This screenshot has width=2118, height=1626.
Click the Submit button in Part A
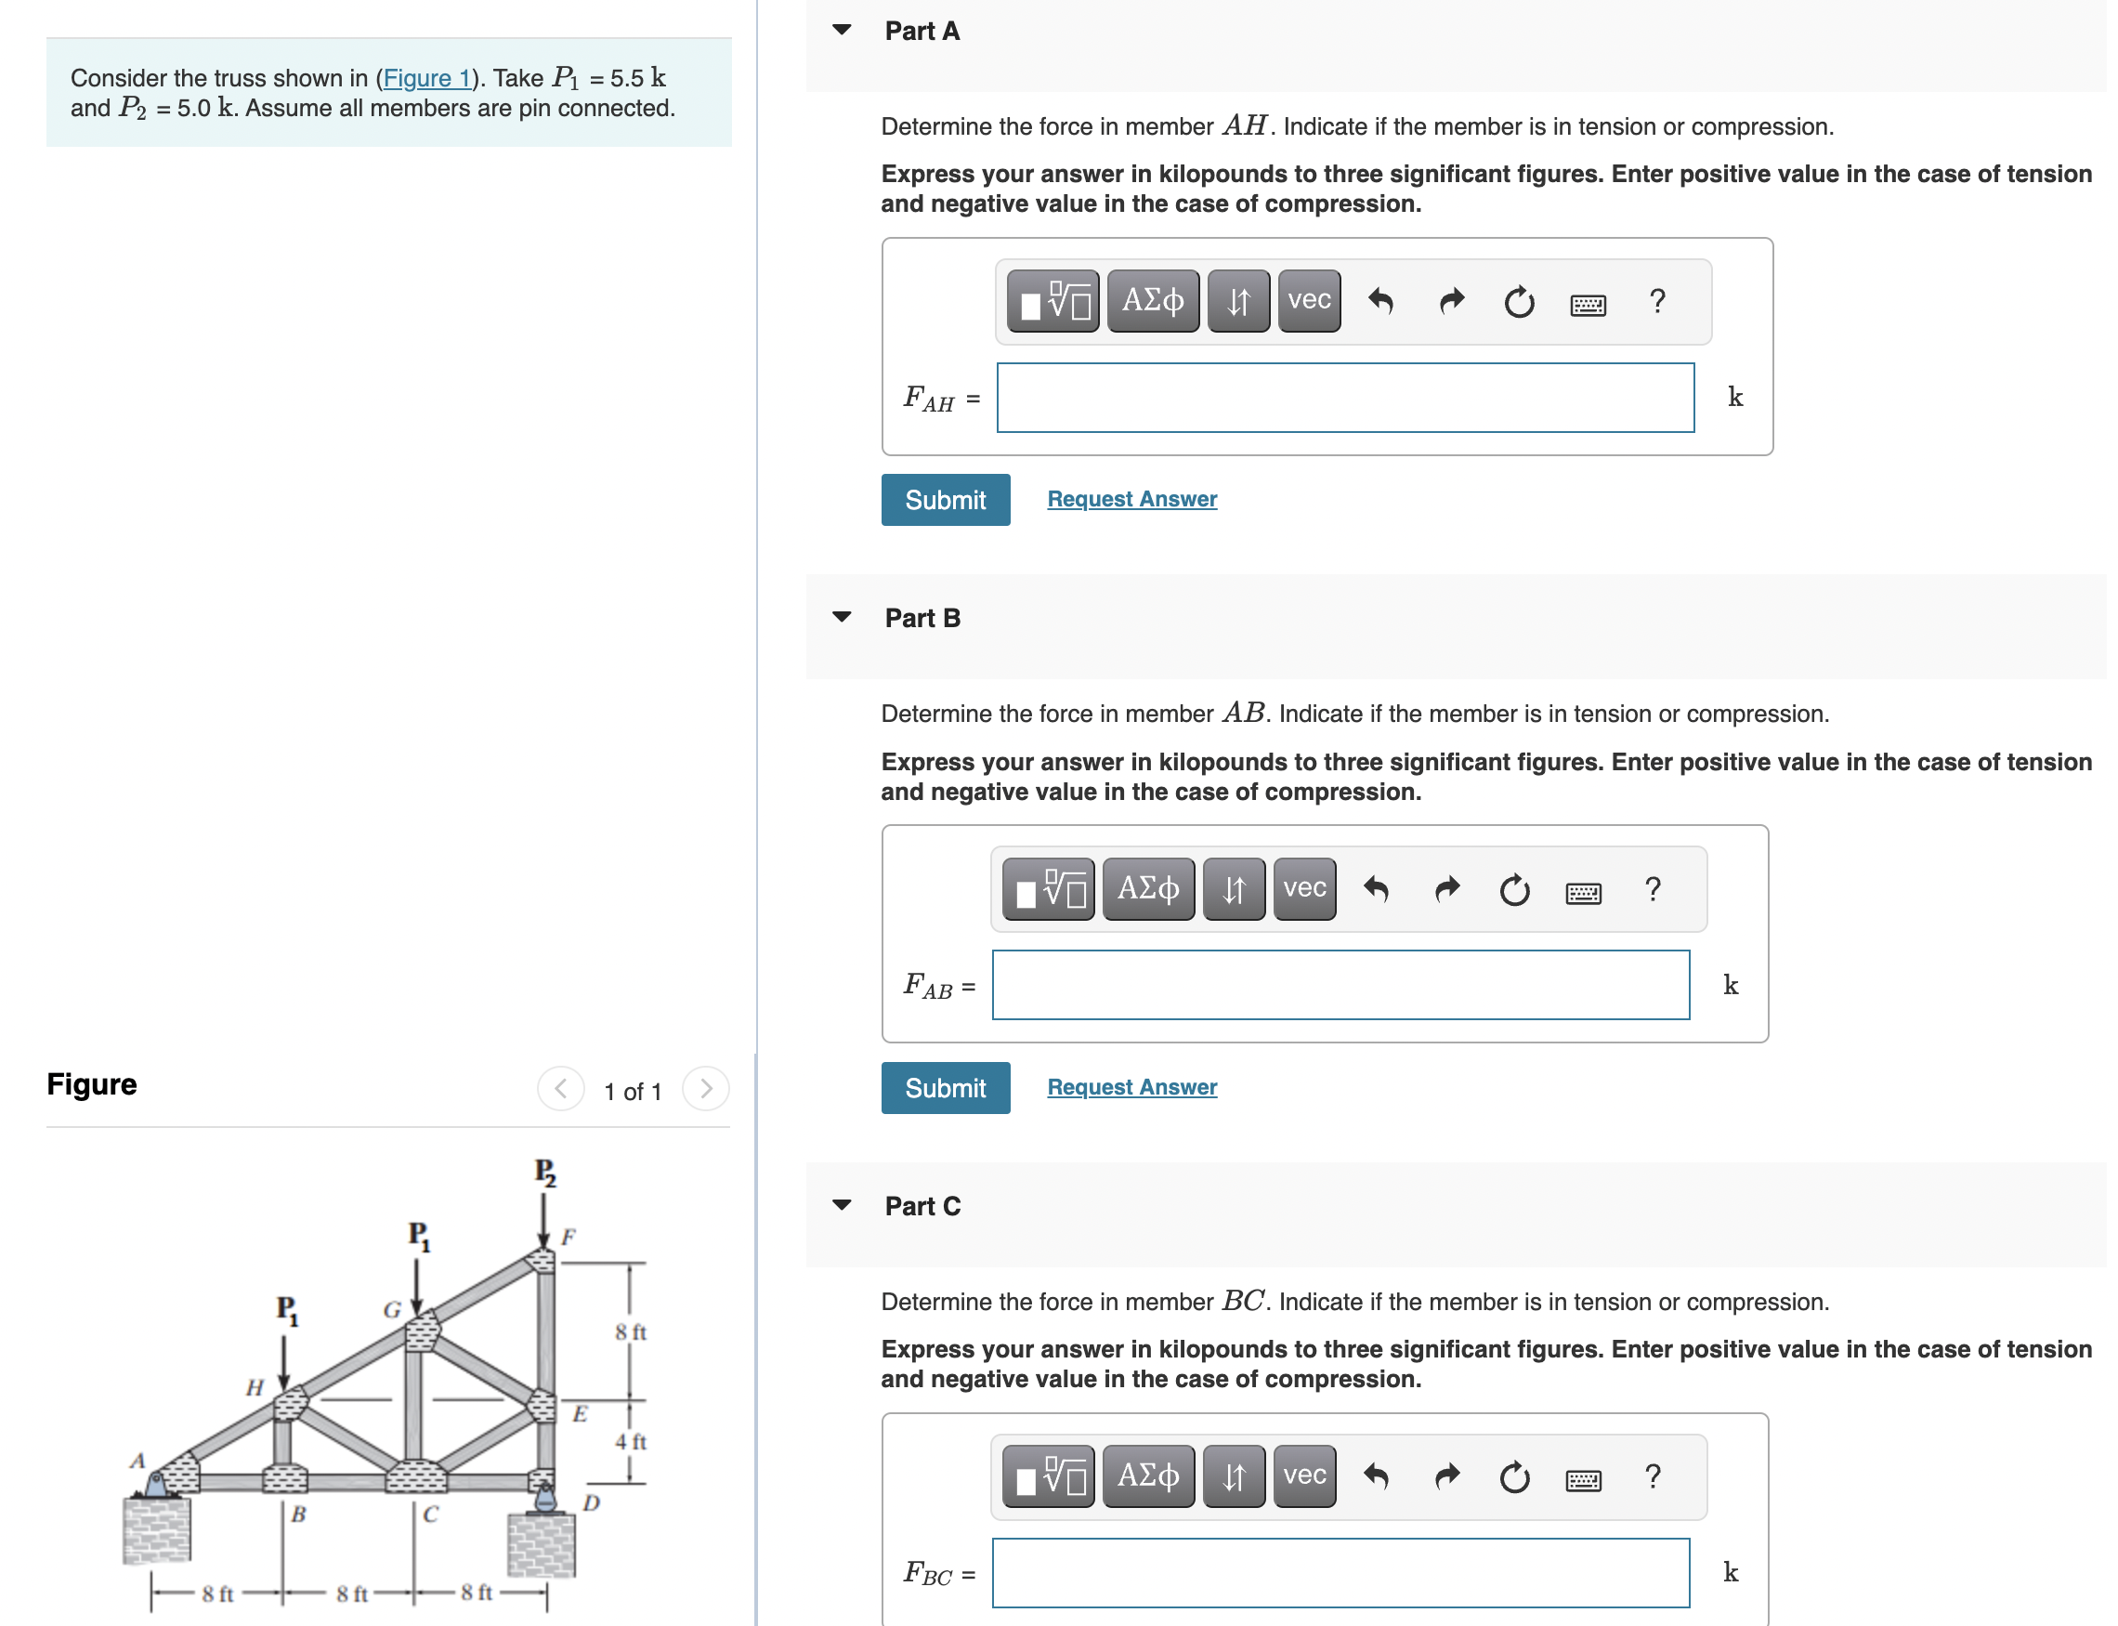[945, 500]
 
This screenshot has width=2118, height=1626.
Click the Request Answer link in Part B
[1131, 1087]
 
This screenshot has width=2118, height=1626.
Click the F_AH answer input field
[1344, 398]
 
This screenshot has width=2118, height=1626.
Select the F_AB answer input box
[1340, 985]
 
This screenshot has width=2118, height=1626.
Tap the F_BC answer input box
[1340, 1573]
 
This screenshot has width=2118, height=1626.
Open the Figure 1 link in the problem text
[425, 77]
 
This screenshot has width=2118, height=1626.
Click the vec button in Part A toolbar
[1308, 301]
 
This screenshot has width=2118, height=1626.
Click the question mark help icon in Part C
[1652, 1477]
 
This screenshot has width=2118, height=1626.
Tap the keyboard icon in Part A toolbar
[1587, 305]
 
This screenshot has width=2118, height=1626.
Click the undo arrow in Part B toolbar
[1375, 888]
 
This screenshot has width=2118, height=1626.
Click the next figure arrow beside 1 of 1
[705, 1089]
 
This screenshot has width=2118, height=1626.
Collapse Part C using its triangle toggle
[842, 1205]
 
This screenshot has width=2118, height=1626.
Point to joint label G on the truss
[391, 1309]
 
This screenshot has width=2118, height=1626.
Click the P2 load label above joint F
[544, 1172]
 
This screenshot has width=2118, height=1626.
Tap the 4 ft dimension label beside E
[630, 1441]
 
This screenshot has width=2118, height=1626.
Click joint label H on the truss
[254, 1387]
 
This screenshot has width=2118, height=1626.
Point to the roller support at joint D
[545, 1498]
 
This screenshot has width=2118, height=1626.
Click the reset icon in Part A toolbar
[1518, 303]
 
